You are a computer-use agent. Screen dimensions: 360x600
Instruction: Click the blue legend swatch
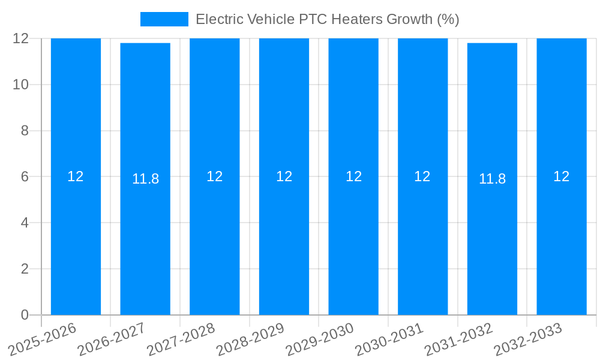(164, 19)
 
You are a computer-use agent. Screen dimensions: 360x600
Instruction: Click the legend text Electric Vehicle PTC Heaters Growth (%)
(328, 19)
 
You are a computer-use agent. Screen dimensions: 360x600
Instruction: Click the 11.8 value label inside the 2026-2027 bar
(145, 179)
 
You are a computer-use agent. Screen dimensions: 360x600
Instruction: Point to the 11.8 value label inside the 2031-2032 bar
(492, 179)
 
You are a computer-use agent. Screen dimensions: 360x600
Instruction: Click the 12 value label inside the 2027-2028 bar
(215, 176)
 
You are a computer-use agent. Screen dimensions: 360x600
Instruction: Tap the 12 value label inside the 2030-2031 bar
(422, 176)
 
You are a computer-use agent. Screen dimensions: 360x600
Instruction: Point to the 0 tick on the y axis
(25, 315)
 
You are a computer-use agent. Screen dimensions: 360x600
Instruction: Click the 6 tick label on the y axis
(25, 176)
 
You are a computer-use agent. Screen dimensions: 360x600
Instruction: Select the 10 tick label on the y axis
(21, 85)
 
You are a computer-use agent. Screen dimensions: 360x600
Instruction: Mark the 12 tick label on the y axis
(21, 38)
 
